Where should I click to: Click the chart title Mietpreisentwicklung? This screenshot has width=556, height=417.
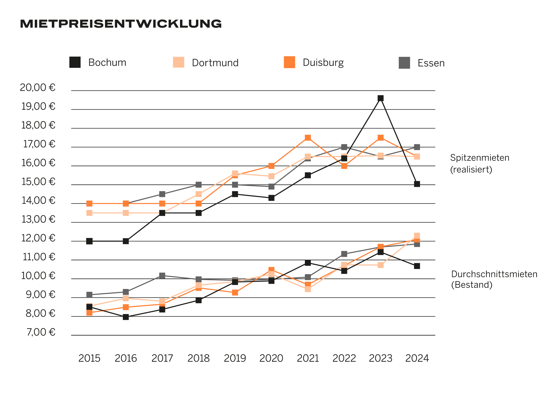[121, 24]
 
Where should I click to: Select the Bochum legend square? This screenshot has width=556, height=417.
[75, 62]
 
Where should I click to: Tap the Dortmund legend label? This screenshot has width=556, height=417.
[215, 63]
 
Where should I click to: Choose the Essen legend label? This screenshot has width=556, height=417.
[431, 63]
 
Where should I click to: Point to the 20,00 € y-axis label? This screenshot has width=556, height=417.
[38, 88]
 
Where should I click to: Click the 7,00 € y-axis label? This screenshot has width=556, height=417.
[41, 332]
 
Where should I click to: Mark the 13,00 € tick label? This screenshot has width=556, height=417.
[38, 219]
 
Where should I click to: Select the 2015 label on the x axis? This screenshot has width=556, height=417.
[89, 358]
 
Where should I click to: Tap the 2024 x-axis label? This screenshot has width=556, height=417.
[417, 358]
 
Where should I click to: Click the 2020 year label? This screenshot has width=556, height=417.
[271, 358]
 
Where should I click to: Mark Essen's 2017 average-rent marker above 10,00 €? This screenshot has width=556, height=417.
[162, 276]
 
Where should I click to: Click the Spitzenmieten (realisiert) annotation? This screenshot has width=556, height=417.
[480, 164]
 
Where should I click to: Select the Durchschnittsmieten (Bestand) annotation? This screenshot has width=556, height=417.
[494, 280]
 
